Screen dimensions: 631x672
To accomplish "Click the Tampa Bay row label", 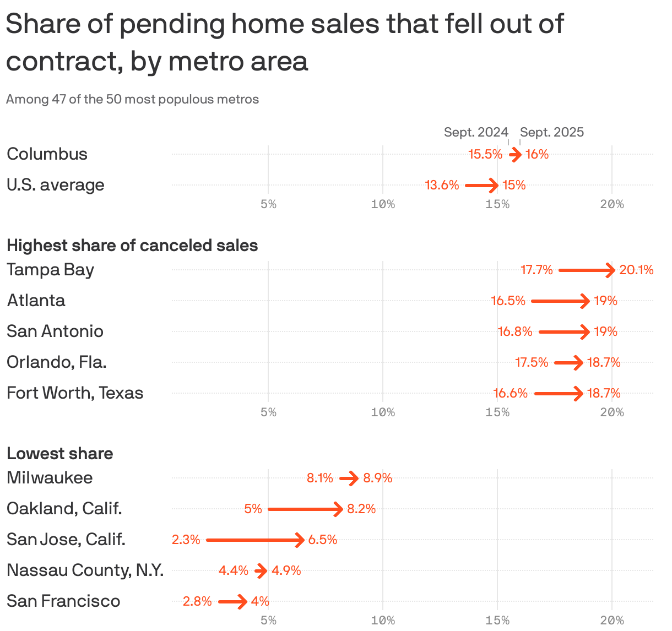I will pyautogui.click(x=50, y=270).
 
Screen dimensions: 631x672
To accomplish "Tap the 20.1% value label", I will pyautogui.click(x=636, y=270).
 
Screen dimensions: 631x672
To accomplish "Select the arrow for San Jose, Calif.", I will pyautogui.click(x=255, y=540).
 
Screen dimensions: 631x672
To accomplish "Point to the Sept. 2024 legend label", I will pyautogui.click(x=476, y=132).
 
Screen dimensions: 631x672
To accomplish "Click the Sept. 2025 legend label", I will pyautogui.click(x=552, y=132).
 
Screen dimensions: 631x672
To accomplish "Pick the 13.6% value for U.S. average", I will pyautogui.click(x=442, y=185).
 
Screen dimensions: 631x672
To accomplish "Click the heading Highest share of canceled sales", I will pyautogui.click(x=132, y=245).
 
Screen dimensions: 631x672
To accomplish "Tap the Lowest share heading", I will pyautogui.click(x=59, y=453).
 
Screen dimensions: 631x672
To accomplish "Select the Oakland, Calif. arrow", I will pyautogui.click(x=305, y=509).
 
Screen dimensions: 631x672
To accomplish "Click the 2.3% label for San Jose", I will pyautogui.click(x=186, y=540).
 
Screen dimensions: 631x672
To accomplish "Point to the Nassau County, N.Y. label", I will pyautogui.click(x=85, y=570).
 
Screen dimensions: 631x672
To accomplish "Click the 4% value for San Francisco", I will pyautogui.click(x=260, y=601).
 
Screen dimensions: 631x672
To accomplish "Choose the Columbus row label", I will pyautogui.click(x=47, y=154).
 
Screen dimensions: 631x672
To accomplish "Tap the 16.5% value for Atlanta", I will pyautogui.click(x=508, y=301).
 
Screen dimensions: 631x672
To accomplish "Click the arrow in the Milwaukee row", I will pyautogui.click(x=349, y=478).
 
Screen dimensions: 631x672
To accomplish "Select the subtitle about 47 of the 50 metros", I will pyautogui.click(x=132, y=99).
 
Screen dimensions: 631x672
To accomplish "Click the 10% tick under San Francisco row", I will pyautogui.click(x=383, y=621).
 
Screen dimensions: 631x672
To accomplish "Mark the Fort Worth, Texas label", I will pyautogui.click(x=75, y=393).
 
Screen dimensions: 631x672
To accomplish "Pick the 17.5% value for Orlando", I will pyautogui.click(x=532, y=362).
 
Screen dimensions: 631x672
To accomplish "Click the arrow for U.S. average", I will pyautogui.click(x=481, y=186).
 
